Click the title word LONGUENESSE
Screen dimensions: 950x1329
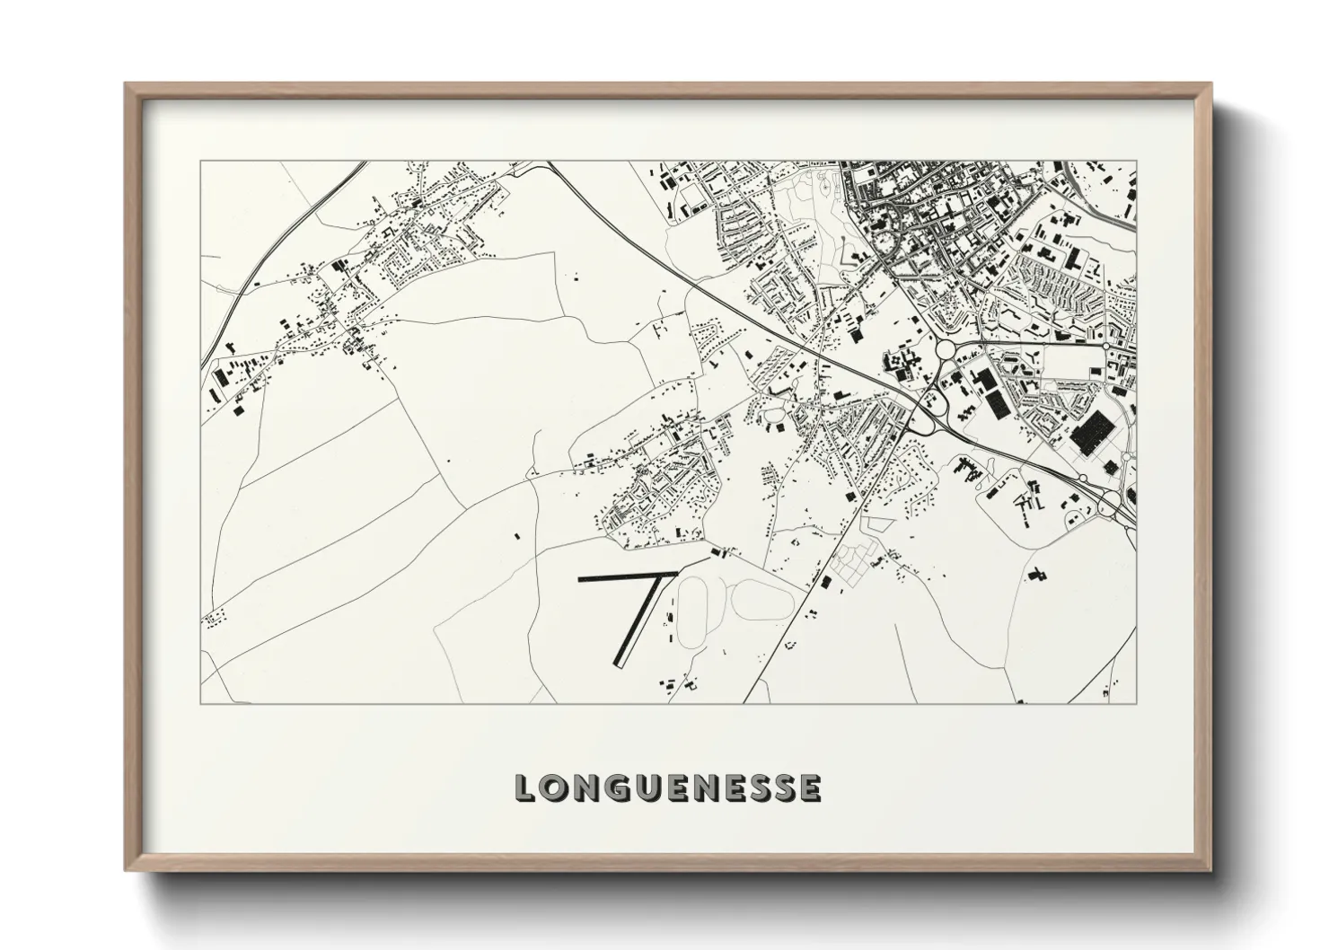667,787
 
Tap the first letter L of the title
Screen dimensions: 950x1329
525,787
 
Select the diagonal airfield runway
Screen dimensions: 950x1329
638,620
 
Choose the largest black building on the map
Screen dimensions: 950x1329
1091,434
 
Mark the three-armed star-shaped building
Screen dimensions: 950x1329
1033,357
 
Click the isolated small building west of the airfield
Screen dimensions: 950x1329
516,535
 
